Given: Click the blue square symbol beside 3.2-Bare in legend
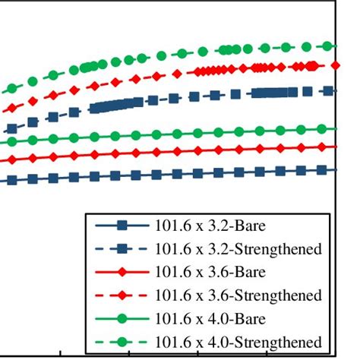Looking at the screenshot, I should pos(122,226).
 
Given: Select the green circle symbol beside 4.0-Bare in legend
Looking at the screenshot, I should pos(122,317).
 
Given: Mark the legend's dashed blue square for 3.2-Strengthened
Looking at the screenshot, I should pos(122,249).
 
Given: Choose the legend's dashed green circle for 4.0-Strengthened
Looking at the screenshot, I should pos(122,340).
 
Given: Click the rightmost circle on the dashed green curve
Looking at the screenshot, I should pos(328,46).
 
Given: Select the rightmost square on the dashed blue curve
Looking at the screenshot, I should pos(328,91).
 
